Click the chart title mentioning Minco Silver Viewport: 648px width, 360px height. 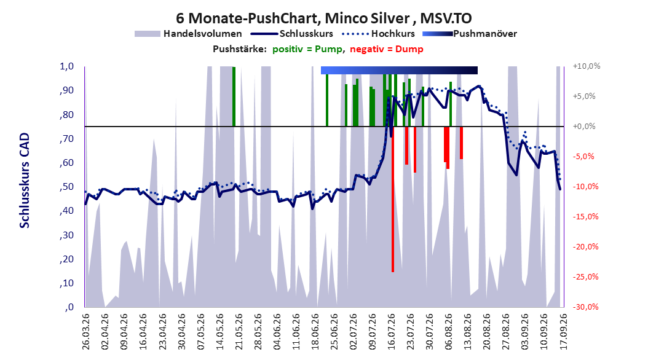click(x=323, y=18)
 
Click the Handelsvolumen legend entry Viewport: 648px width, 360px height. click(x=189, y=34)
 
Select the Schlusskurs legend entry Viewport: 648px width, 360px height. click(x=292, y=34)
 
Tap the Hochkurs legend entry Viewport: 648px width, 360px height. click(x=378, y=34)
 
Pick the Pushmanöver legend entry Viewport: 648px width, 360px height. click(x=470, y=34)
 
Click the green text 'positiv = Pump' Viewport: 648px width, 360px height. click(x=307, y=49)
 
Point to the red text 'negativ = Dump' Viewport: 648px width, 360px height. click(x=387, y=49)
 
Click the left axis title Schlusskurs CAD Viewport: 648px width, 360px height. click(x=25, y=181)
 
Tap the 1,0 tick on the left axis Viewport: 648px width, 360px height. click(x=66, y=66)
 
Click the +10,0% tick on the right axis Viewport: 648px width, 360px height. click(x=587, y=66)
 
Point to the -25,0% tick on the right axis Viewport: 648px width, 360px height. click(x=585, y=277)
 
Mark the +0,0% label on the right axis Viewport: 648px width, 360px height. click(x=584, y=127)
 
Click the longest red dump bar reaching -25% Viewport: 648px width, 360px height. click(x=393, y=199)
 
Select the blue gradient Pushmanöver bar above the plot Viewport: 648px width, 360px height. click(x=399, y=70)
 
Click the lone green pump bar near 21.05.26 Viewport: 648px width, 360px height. click(x=234, y=96)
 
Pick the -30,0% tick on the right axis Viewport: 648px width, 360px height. click(x=585, y=307)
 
